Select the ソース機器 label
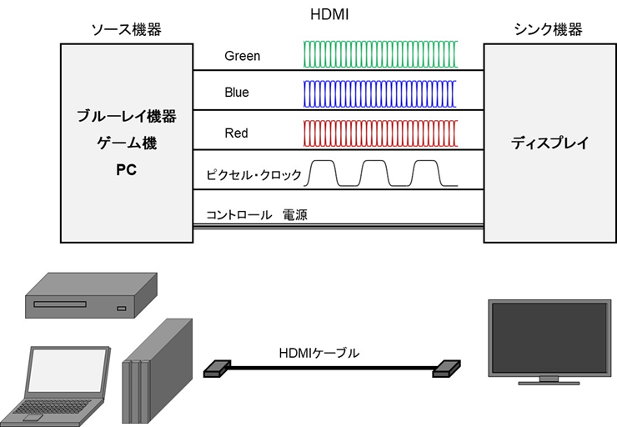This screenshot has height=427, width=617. tap(126, 30)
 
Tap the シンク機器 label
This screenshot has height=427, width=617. tap(549, 30)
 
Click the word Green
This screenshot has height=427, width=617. tap(242, 56)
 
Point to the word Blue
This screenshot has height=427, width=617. tap(236, 92)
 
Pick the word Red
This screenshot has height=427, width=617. tap(236, 133)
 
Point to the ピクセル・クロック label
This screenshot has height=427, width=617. tap(253, 175)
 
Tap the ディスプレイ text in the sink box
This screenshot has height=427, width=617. tap(549, 143)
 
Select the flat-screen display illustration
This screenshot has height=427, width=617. tap(548, 342)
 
